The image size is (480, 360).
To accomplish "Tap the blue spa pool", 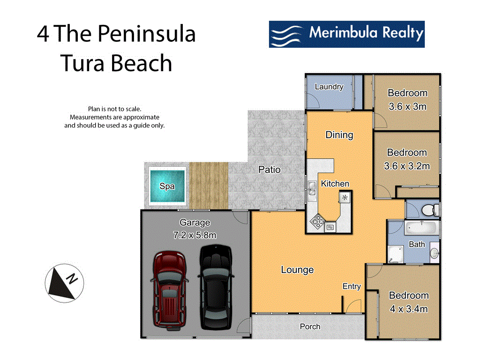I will tap(167, 186).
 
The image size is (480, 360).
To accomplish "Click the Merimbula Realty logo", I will tap(346, 34).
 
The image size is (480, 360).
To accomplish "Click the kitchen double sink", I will tap(312, 189).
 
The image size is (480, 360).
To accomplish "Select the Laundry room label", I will tap(329, 87).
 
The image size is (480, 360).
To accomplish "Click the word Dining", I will tap(339, 135).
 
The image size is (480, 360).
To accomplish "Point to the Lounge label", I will tap(297, 270).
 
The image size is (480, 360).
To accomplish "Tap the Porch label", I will tap(310, 326).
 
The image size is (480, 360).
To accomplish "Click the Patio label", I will tap(270, 169).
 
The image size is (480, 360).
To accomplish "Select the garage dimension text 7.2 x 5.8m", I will tap(195, 235).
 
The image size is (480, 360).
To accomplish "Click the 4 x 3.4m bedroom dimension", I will tap(409, 309).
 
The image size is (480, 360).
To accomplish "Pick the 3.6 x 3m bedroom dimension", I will tap(407, 106).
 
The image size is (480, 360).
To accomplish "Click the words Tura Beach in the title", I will tap(117, 63).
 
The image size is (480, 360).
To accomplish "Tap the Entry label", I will tap(352, 286).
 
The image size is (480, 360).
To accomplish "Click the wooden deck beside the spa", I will tap(209, 186).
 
